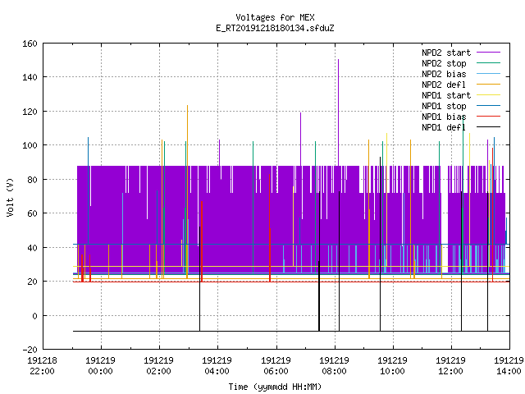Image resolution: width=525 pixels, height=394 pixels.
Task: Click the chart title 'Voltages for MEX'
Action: [275, 17]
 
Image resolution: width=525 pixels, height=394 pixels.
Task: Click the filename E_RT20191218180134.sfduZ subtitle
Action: [275, 28]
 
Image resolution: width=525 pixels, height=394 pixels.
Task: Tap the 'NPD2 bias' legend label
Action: [444, 74]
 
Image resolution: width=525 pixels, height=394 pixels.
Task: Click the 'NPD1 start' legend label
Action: [446, 95]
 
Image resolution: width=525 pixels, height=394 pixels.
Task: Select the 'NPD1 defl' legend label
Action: [444, 127]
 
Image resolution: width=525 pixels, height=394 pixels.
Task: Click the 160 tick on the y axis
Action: [30, 44]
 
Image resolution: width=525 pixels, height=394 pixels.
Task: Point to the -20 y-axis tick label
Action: [30, 350]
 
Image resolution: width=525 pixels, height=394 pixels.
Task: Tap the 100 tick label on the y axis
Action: [30, 145]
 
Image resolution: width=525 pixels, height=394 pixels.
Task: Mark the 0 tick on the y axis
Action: [34, 316]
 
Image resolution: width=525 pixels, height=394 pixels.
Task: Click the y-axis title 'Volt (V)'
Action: [10, 197]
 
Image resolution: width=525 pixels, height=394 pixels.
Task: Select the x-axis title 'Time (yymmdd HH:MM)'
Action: [275, 387]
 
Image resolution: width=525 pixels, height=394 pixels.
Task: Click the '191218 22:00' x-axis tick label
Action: [42, 366]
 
